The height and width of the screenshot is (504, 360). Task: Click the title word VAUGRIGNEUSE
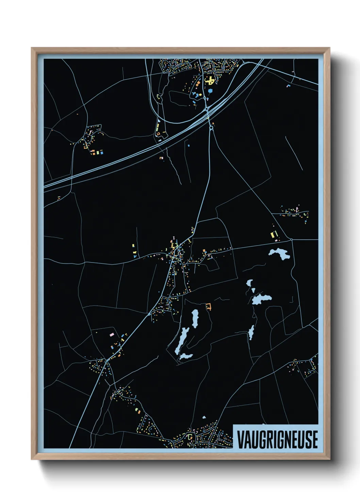point(277,439)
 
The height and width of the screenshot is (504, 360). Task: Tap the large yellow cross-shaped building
point(210,81)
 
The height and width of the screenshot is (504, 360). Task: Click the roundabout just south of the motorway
point(211,128)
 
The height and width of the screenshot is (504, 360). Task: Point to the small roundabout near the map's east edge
point(292,240)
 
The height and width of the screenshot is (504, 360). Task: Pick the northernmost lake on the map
point(279,253)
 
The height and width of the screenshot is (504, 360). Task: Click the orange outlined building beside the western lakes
point(208,306)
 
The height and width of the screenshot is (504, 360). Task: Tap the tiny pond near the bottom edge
point(204,417)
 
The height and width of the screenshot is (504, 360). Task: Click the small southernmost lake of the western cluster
point(186,356)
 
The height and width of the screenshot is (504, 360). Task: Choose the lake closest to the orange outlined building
point(195,318)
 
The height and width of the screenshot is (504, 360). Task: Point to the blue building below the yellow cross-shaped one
point(210,91)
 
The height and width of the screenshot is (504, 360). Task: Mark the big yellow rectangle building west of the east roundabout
point(272,235)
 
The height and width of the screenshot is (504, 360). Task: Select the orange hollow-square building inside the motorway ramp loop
point(158,134)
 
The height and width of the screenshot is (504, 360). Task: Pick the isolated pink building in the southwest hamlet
point(111,335)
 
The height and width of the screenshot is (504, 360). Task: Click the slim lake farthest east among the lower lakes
point(251,332)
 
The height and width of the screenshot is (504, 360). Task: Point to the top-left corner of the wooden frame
point(32,48)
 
